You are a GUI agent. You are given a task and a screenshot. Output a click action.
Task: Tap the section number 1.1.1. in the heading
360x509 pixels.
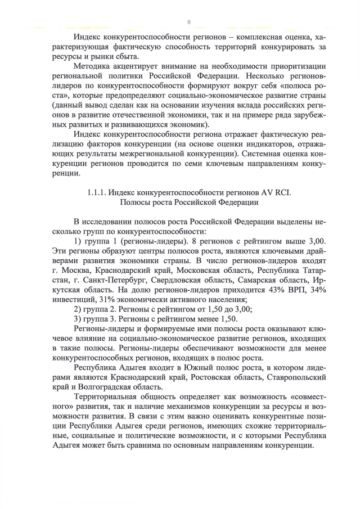click(x=100, y=192)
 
